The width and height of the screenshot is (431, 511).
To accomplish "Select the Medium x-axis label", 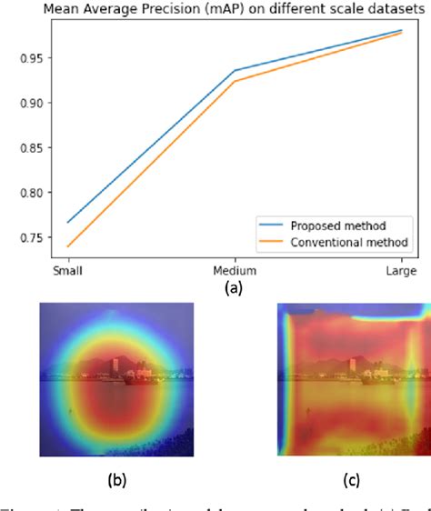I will (236, 271).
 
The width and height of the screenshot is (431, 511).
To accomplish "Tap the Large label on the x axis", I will (400, 271).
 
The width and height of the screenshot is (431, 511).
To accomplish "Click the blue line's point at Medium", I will (236, 70).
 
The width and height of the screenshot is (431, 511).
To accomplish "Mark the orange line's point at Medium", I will (236, 82).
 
